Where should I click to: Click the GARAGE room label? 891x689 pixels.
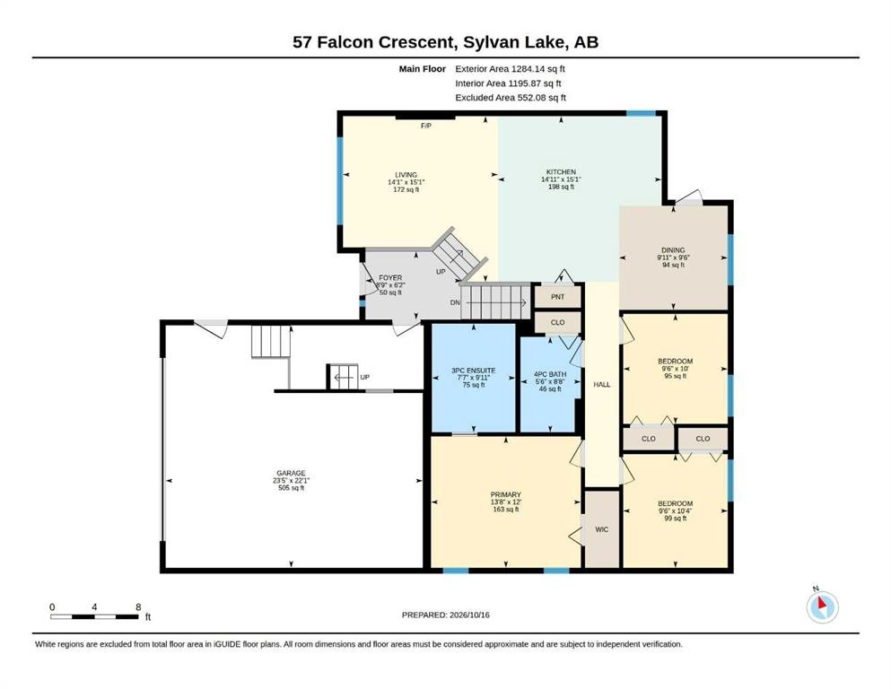(x=291, y=473)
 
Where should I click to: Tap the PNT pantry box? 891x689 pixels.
(x=558, y=296)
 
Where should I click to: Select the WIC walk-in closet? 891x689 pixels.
(x=602, y=528)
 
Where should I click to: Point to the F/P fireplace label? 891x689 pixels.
(x=425, y=126)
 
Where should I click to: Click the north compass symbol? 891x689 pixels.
(x=822, y=606)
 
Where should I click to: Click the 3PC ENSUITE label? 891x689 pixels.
(x=474, y=371)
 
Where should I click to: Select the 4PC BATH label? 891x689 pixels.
(x=550, y=374)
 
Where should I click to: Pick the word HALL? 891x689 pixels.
(x=602, y=385)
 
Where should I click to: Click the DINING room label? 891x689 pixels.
(x=673, y=250)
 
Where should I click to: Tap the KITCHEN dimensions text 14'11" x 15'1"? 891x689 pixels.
(x=562, y=179)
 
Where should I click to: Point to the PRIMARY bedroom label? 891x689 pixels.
(x=506, y=494)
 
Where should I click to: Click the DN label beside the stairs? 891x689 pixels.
(x=455, y=302)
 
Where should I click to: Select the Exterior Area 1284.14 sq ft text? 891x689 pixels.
(x=510, y=69)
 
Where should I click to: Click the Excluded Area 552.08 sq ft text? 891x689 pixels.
(x=511, y=97)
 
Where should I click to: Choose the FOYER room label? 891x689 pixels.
(x=390, y=278)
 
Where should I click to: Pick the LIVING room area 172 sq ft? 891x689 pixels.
(x=406, y=189)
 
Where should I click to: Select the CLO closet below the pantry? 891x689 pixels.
(x=558, y=322)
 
